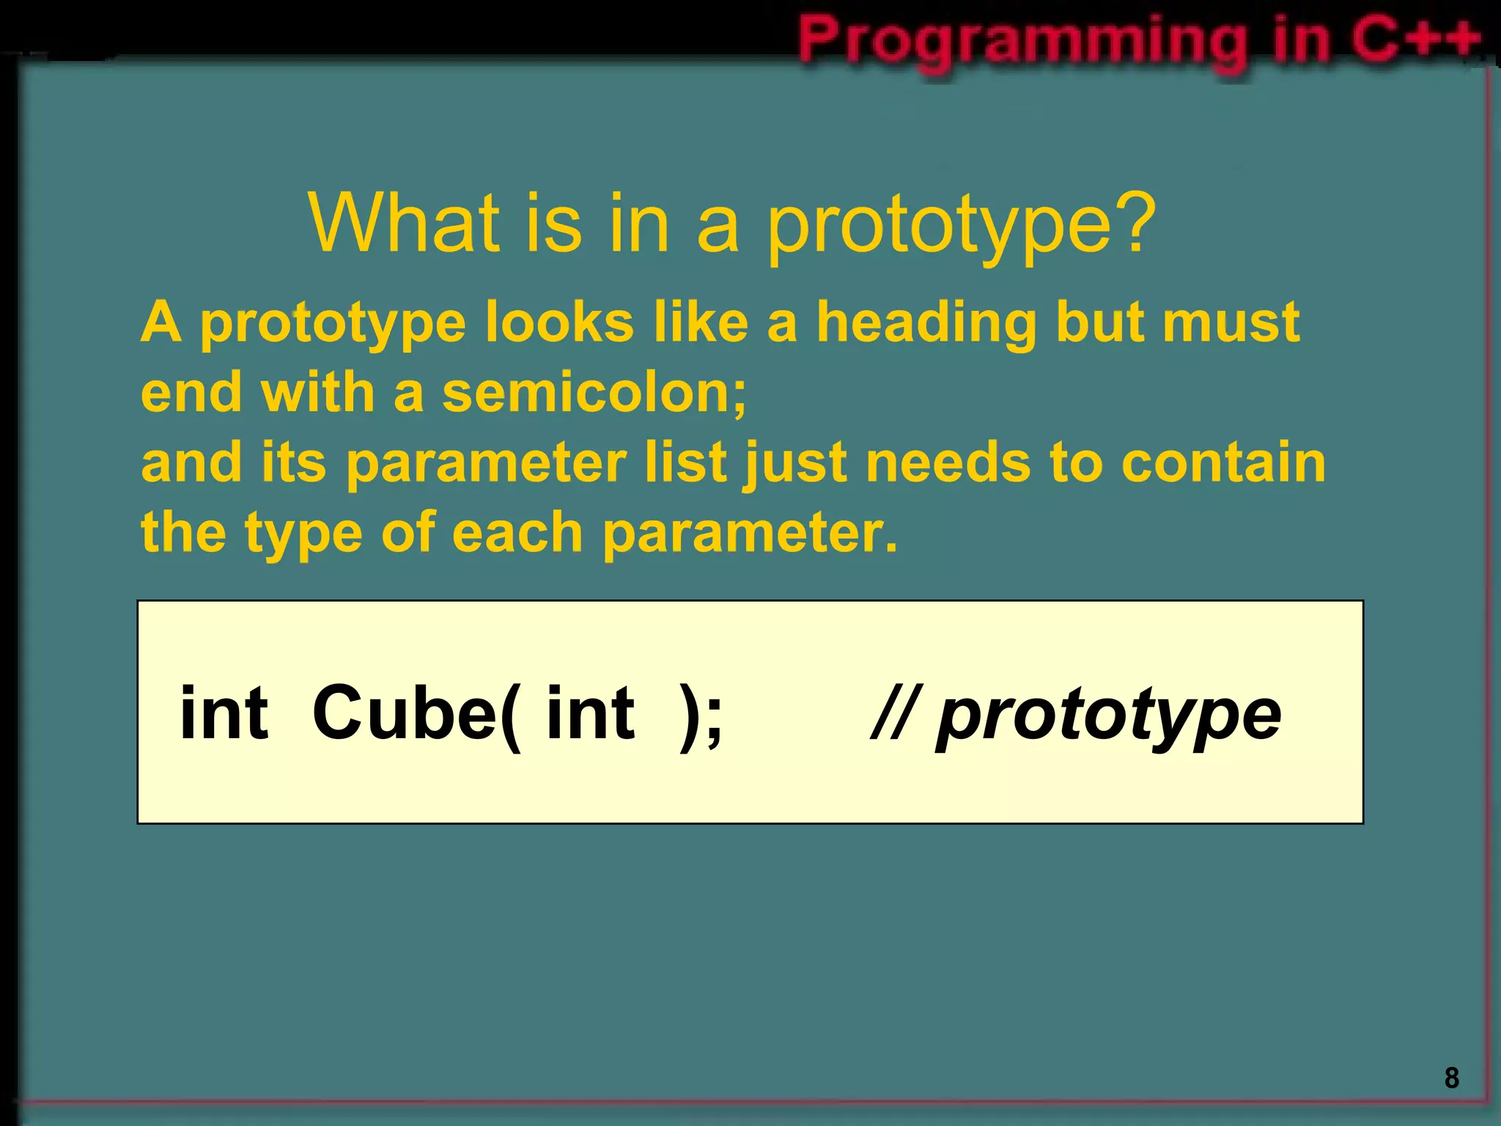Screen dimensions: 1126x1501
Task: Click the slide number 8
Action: pyautogui.click(x=1451, y=1078)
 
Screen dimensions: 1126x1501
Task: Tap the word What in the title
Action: pyautogui.click(x=404, y=223)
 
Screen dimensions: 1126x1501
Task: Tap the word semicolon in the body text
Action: pyautogui.click(x=594, y=393)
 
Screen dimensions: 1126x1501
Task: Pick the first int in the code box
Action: pyautogui.click(x=224, y=712)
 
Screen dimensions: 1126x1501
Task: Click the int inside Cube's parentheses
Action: pyautogui.click(x=590, y=712)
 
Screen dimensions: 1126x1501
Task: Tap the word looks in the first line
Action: pyautogui.click(x=559, y=323)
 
